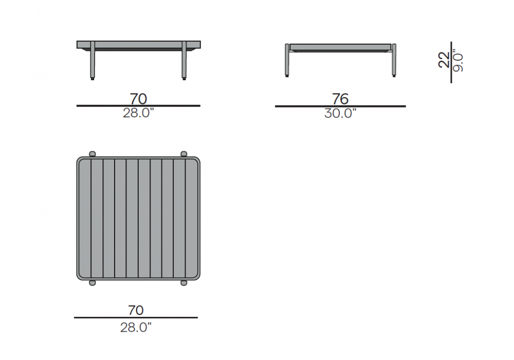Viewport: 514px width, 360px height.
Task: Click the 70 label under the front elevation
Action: (138, 99)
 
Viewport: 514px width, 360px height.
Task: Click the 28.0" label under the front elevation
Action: (138, 113)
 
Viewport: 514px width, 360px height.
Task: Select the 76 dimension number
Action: (340, 99)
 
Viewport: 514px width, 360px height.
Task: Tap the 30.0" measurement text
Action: (340, 114)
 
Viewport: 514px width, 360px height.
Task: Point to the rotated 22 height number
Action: (444, 60)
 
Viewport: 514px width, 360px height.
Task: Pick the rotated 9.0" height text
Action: (458, 61)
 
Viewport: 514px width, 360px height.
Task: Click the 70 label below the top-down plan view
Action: (136, 310)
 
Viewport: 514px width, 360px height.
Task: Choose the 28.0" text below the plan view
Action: (136, 327)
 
